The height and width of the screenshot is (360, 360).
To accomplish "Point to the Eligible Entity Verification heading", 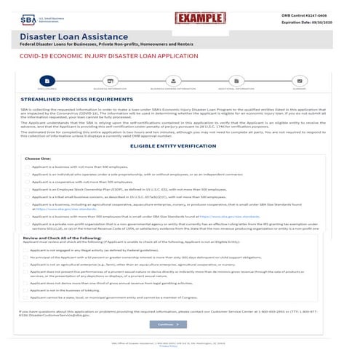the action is pyautogui.click(x=180, y=145).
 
